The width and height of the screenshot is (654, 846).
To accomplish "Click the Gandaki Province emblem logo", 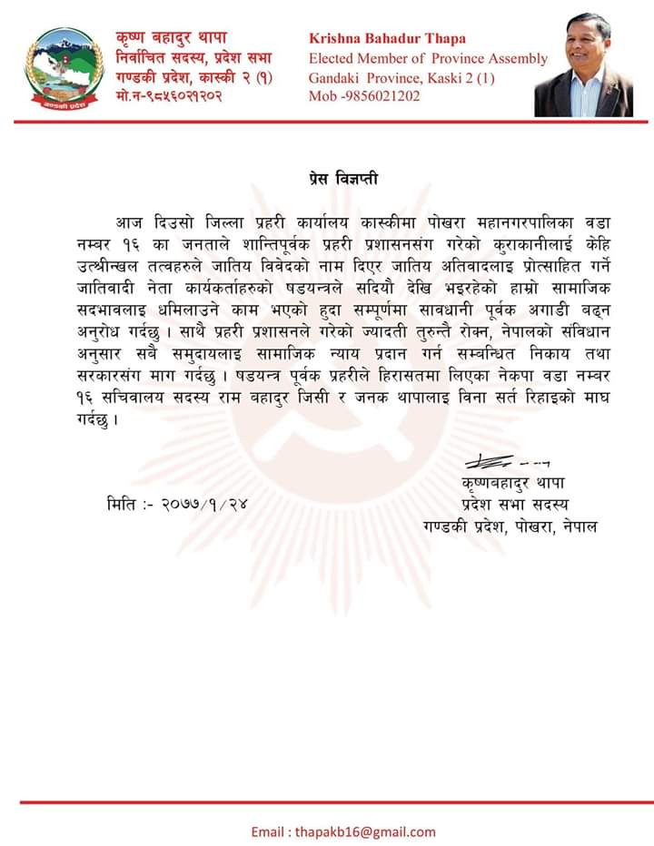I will click(64, 68).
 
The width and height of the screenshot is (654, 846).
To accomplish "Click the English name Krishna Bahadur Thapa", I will click(387, 38).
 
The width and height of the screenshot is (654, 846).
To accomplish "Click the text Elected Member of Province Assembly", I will click(428, 58).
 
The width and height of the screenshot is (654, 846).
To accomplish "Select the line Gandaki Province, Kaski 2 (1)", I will click(401, 78).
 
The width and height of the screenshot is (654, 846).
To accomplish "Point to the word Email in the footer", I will click(269, 831).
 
